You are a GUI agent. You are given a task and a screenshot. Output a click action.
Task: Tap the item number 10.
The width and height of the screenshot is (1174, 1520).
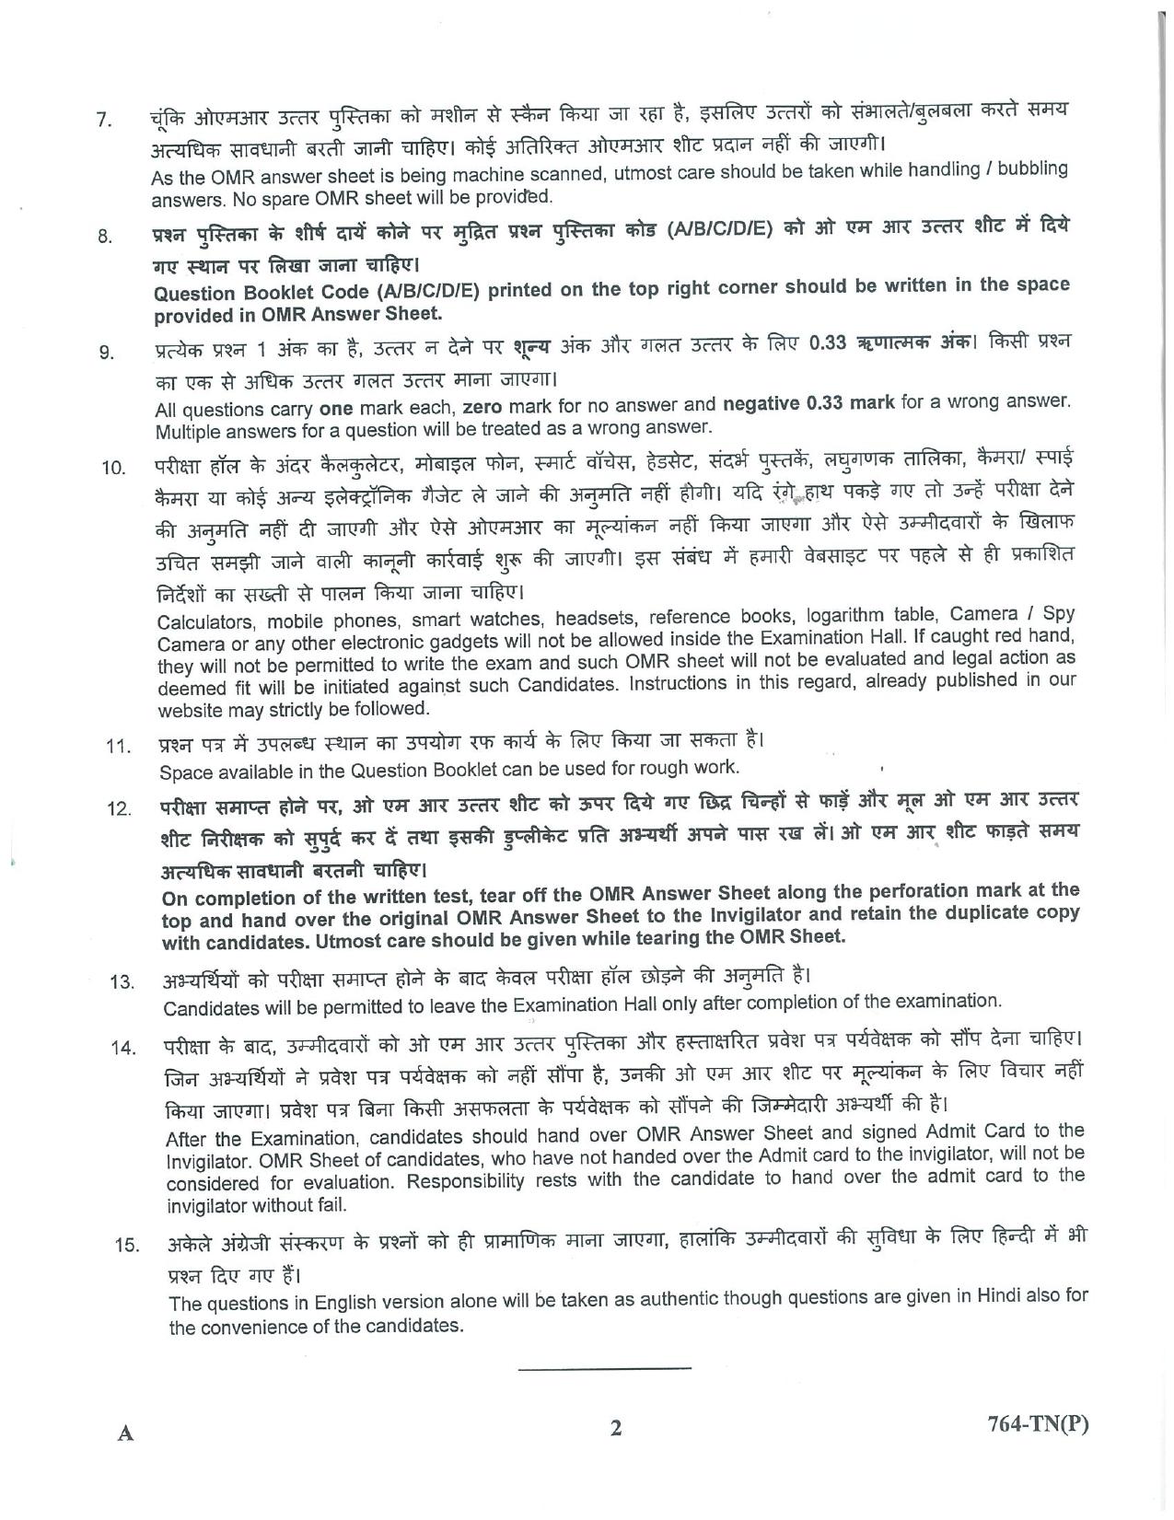pyautogui.click(x=113, y=467)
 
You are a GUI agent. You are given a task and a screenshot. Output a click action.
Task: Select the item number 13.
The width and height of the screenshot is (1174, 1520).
pyautogui.click(x=122, y=981)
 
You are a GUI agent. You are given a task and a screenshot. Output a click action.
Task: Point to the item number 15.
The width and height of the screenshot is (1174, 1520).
pyautogui.click(x=126, y=1245)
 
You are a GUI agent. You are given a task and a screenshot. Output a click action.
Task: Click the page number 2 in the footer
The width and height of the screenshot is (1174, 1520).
pyautogui.click(x=616, y=1428)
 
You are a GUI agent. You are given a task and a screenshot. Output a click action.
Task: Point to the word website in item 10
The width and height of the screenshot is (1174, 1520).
pyautogui.click(x=189, y=710)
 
